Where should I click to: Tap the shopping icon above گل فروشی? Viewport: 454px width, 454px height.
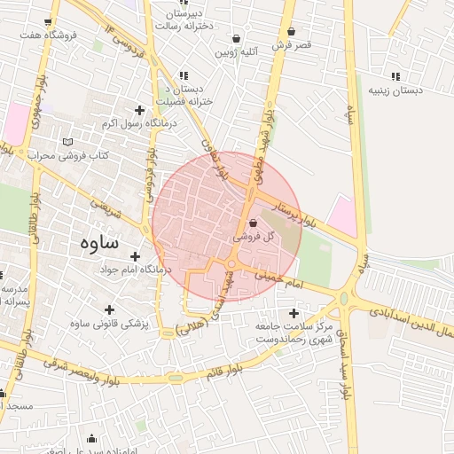click(x=254, y=223)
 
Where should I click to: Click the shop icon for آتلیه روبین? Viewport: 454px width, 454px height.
click(x=236, y=39)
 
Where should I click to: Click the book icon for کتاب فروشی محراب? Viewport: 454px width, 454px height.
click(x=68, y=142)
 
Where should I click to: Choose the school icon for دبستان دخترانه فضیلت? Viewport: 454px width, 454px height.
click(x=183, y=77)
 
